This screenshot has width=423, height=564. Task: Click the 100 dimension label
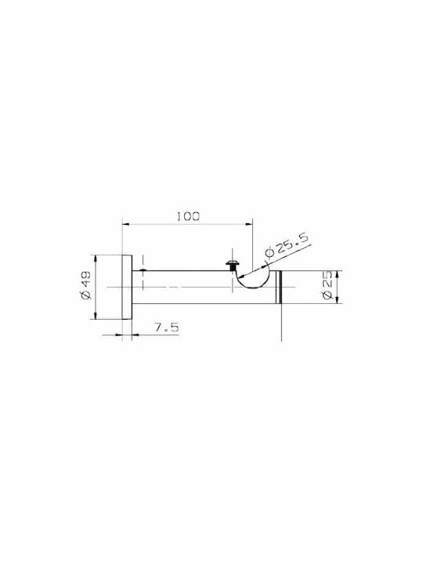click(188, 216)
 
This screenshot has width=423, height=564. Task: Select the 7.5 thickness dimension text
click(167, 327)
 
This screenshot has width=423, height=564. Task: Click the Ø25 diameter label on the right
click(327, 287)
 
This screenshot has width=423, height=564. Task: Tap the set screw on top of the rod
click(232, 266)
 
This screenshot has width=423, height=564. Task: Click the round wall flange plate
click(128, 287)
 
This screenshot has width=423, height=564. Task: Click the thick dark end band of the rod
click(279, 287)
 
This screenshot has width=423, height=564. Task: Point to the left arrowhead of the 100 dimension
click(126, 225)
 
